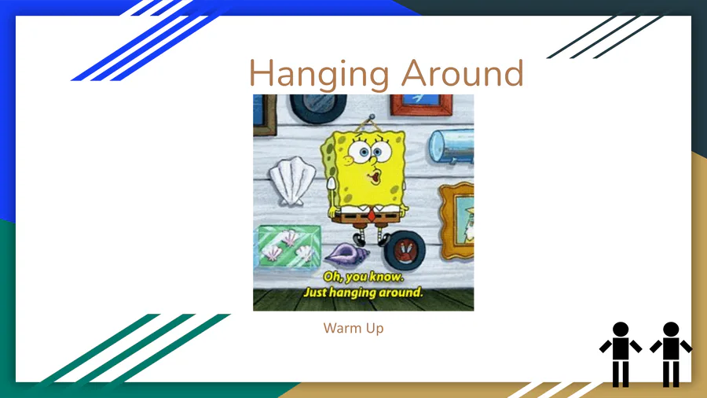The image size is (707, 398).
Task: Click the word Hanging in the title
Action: [x=319, y=74]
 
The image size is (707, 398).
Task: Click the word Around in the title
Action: [x=463, y=72]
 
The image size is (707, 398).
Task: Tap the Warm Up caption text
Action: [x=353, y=328]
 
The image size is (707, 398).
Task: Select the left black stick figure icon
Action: [x=621, y=354]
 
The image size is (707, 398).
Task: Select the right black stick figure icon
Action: [x=671, y=354]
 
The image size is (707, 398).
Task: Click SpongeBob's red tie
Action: [x=372, y=214]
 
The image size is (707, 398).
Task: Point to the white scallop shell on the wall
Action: [x=293, y=180]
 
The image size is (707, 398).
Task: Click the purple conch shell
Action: [x=346, y=254]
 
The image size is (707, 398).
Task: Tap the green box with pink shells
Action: [x=288, y=249]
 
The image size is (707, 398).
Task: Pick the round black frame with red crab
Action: [x=405, y=249]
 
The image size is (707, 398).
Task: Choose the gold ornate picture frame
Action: [x=456, y=221]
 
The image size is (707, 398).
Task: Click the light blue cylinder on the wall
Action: [x=451, y=146]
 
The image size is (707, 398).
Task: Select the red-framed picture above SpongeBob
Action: [x=421, y=105]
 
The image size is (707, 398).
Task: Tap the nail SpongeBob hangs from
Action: [x=372, y=117]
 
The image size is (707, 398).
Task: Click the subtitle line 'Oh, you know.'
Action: [x=364, y=277]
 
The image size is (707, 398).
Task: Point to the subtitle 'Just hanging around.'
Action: [x=364, y=293]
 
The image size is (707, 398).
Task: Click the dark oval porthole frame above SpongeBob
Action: [x=318, y=108]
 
